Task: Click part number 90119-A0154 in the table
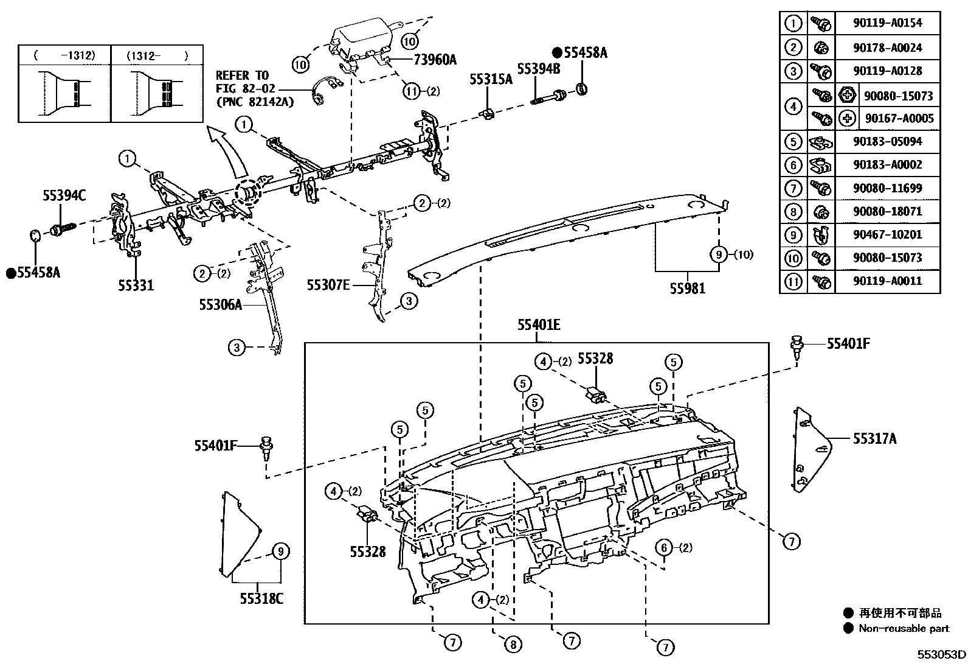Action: (x=887, y=23)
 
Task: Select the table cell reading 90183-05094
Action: (x=887, y=141)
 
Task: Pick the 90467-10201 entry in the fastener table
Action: (x=887, y=234)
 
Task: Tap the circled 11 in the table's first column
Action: (x=793, y=281)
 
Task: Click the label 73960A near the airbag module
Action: (x=435, y=59)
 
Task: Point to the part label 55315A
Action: (x=491, y=79)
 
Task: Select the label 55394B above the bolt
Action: (x=539, y=68)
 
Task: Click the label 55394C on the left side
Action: (x=64, y=195)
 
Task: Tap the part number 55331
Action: (x=136, y=285)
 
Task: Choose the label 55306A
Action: (x=220, y=304)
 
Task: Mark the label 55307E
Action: (x=328, y=284)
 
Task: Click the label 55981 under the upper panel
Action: (x=688, y=289)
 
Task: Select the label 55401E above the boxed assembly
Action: (x=538, y=326)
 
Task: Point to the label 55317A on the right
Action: (x=874, y=438)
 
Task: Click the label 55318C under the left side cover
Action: (x=261, y=598)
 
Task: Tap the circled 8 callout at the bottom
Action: (x=513, y=645)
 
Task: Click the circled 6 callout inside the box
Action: (x=665, y=547)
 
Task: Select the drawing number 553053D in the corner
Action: (x=941, y=655)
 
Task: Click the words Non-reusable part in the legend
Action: (x=904, y=629)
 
